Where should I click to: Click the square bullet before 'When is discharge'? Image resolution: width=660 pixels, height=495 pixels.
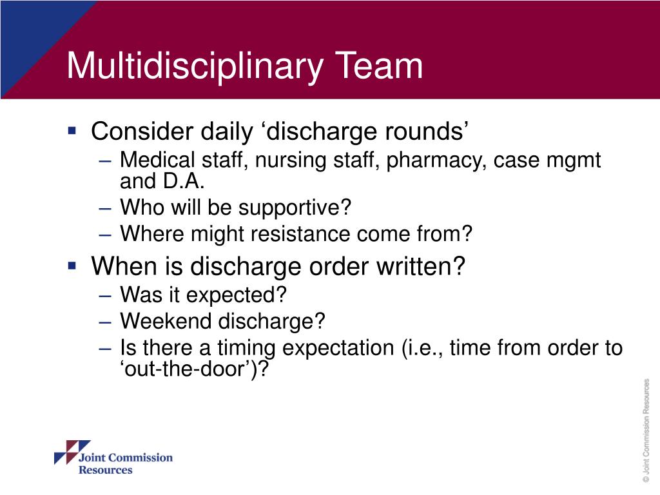[73, 264]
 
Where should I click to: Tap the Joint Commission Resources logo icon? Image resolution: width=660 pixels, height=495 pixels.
[65, 453]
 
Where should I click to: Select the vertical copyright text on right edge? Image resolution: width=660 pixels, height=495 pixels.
[646, 430]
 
